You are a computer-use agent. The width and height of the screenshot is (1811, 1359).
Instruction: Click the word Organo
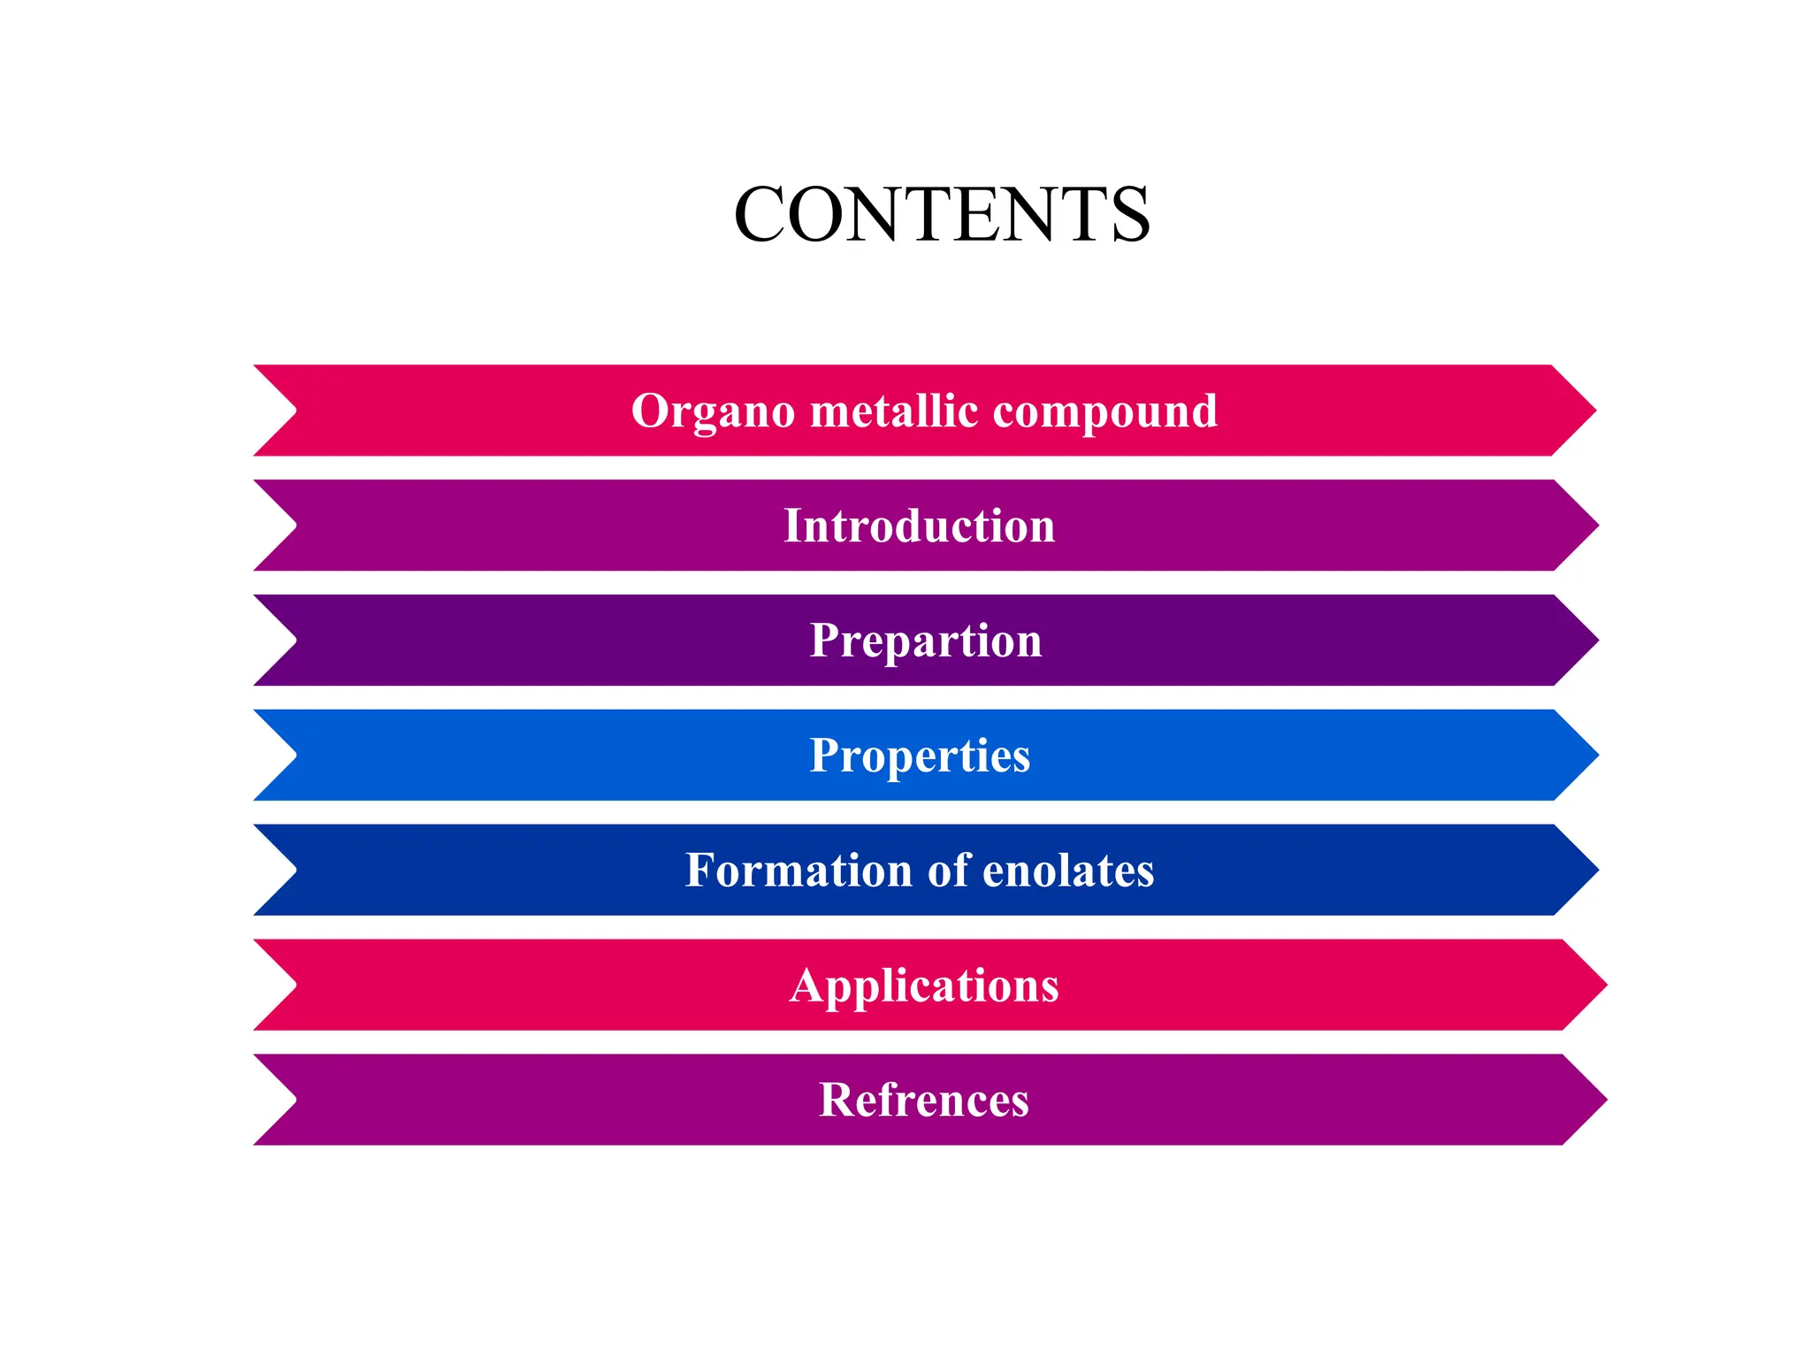point(713,411)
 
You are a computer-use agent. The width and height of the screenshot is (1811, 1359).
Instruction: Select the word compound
point(1105,411)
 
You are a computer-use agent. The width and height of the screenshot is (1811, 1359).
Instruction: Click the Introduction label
point(920,526)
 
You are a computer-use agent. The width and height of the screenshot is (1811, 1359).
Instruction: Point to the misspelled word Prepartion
point(926,641)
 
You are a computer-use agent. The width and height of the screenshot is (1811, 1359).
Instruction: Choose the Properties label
point(920,756)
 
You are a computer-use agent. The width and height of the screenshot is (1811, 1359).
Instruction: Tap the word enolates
point(1068,870)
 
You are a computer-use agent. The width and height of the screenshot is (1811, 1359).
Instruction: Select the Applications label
point(924,985)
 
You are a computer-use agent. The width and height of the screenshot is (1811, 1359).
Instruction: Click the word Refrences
point(924,1100)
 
